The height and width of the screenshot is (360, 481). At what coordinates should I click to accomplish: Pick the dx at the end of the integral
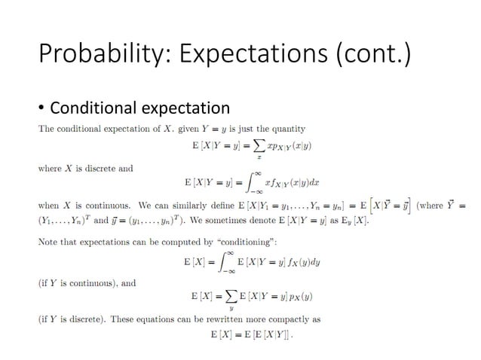click(298, 182)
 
